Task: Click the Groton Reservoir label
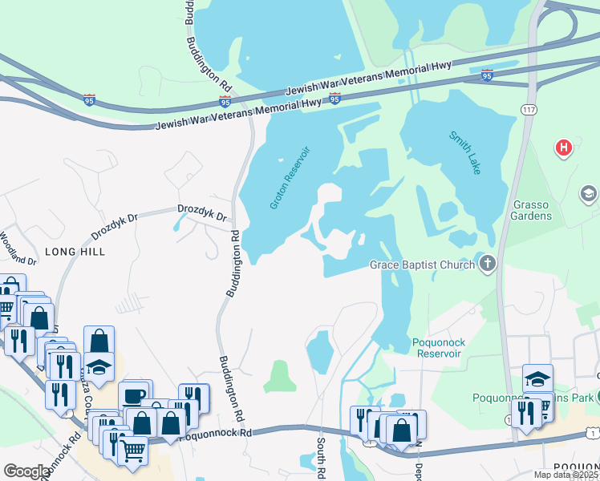(x=290, y=179)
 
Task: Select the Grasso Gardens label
(x=533, y=210)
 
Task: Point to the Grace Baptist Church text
(x=422, y=265)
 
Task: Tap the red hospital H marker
(x=565, y=148)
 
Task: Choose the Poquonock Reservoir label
(x=439, y=348)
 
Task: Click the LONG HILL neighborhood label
(x=75, y=251)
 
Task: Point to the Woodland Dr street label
(x=18, y=249)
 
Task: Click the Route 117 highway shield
(x=528, y=110)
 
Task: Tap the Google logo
(x=27, y=471)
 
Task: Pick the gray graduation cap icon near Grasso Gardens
(x=589, y=193)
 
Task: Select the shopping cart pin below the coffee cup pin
(x=133, y=450)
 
